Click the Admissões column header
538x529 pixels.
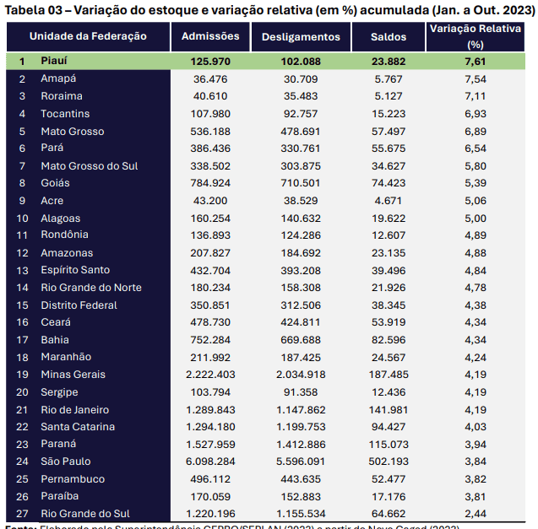tap(210, 36)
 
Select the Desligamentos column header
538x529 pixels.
tap(301, 37)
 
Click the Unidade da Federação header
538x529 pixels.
tap(88, 36)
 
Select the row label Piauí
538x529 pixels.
tap(54, 62)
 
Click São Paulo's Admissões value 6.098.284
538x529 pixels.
tap(210, 462)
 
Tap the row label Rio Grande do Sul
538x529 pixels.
tap(85, 514)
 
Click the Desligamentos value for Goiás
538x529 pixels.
tap(301, 183)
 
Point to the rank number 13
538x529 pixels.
tap(23, 270)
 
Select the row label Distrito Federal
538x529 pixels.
tap(79, 305)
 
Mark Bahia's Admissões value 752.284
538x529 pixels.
tap(210, 340)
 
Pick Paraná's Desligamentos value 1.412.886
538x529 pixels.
tap(301, 444)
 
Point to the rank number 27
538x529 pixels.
tap(23, 514)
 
